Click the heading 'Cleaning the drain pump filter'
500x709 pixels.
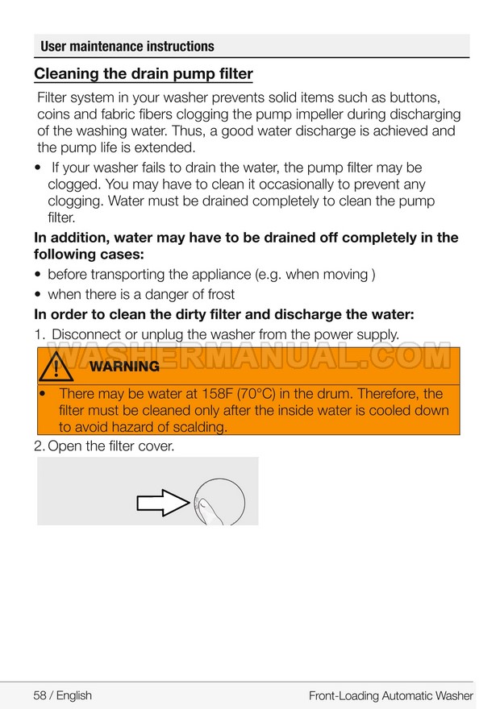144,75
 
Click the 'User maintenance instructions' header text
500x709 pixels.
127,47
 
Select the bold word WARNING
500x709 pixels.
124,367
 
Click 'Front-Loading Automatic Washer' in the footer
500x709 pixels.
390,695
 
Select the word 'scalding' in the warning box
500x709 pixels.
199,427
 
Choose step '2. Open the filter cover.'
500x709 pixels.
104,445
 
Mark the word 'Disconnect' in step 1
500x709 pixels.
90,334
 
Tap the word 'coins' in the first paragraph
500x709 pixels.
54,114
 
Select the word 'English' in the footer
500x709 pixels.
74,695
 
